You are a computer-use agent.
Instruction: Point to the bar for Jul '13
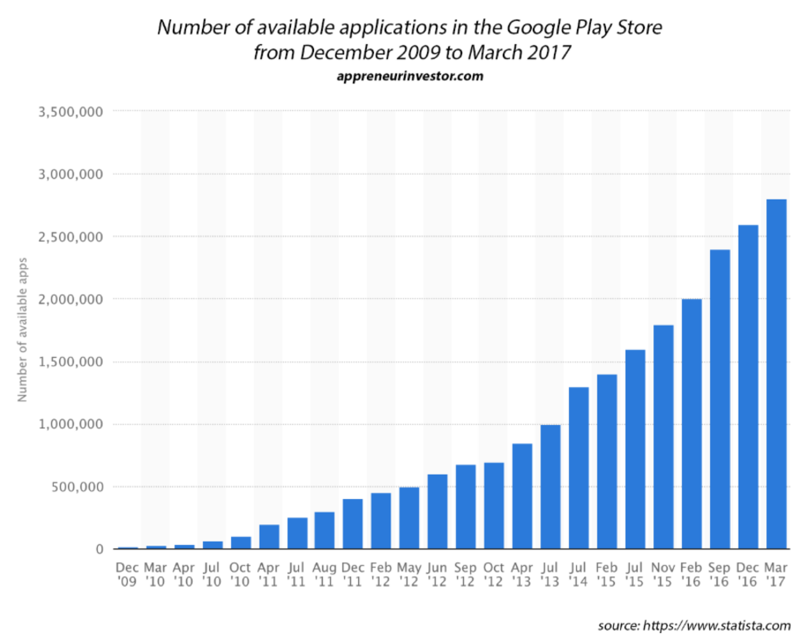[x=550, y=486]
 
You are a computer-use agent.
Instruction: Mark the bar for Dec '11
[x=353, y=524]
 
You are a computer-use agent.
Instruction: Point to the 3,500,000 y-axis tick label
[x=69, y=111]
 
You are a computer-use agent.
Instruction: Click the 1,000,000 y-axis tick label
[x=69, y=424]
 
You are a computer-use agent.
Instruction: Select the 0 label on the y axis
[x=99, y=549]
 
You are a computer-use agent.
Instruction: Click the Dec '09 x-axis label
[x=127, y=573]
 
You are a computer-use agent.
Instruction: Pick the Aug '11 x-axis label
[x=324, y=573]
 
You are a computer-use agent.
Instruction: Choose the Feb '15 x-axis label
[x=607, y=573]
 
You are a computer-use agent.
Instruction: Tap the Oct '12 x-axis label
[x=494, y=573]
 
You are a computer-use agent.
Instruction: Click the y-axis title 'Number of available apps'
[x=23, y=330]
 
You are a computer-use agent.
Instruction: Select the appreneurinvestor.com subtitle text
[x=410, y=76]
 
